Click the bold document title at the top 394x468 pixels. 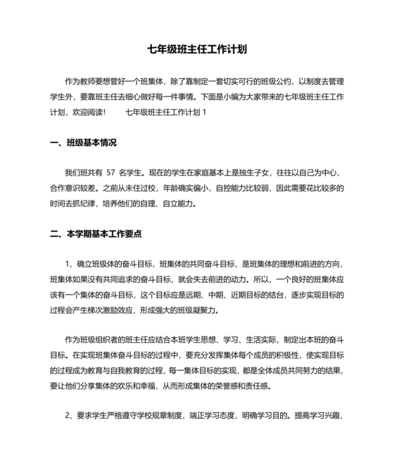196,50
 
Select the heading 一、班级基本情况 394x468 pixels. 84,141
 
